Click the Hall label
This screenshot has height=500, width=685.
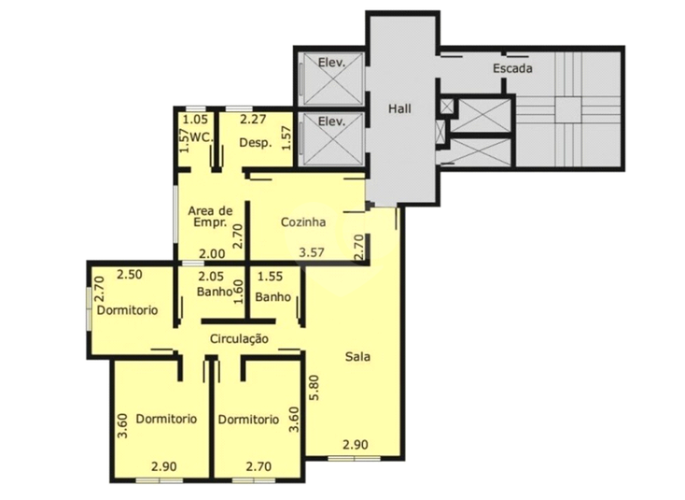coord(399,108)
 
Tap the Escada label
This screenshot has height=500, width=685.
coord(512,68)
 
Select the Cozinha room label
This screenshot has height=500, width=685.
coord(302,222)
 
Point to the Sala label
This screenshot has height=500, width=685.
coord(357,356)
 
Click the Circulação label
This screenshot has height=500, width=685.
coord(239,338)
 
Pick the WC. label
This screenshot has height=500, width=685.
coord(203,136)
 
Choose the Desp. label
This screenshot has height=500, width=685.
coord(256,143)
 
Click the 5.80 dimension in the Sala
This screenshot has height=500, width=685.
coord(315,387)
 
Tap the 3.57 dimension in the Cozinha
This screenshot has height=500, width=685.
coord(312,252)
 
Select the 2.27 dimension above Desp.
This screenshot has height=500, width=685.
coord(253,119)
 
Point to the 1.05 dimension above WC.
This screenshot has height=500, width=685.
coord(195,119)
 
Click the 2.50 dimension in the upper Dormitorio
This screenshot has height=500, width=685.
coord(130,275)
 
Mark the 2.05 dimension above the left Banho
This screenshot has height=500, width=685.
coord(211,277)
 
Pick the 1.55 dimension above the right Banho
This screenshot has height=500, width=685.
coord(270,277)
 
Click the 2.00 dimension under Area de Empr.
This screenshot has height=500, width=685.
coord(212,253)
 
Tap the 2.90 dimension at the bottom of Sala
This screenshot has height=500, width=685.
coord(356,445)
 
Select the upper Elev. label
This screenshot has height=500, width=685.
coord(331,62)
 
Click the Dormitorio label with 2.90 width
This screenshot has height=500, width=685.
coord(166,419)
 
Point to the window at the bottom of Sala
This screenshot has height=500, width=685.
coord(355,459)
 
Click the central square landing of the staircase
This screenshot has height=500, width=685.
coord(568,109)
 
